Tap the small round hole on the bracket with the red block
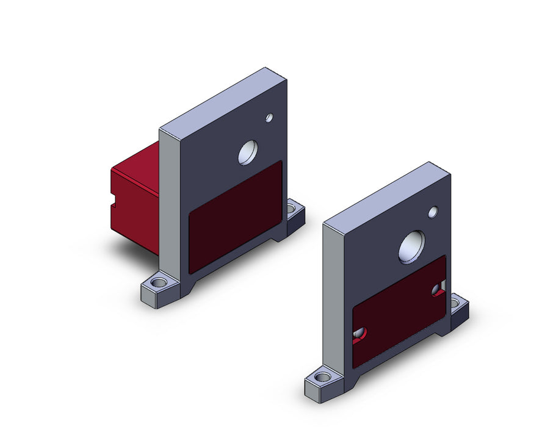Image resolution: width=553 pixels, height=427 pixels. (269, 117)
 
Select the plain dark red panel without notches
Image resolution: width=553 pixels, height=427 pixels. (236, 216)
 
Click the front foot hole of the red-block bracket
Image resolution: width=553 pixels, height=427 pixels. (159, 284)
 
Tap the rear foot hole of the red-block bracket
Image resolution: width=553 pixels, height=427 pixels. (294, 210)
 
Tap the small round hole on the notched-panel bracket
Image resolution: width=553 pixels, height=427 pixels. (433, 212)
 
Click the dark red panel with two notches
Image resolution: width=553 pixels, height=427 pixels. (399, 310)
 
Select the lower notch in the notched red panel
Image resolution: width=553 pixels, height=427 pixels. (360, 333)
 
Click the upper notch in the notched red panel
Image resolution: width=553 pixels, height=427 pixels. (438, 289)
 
